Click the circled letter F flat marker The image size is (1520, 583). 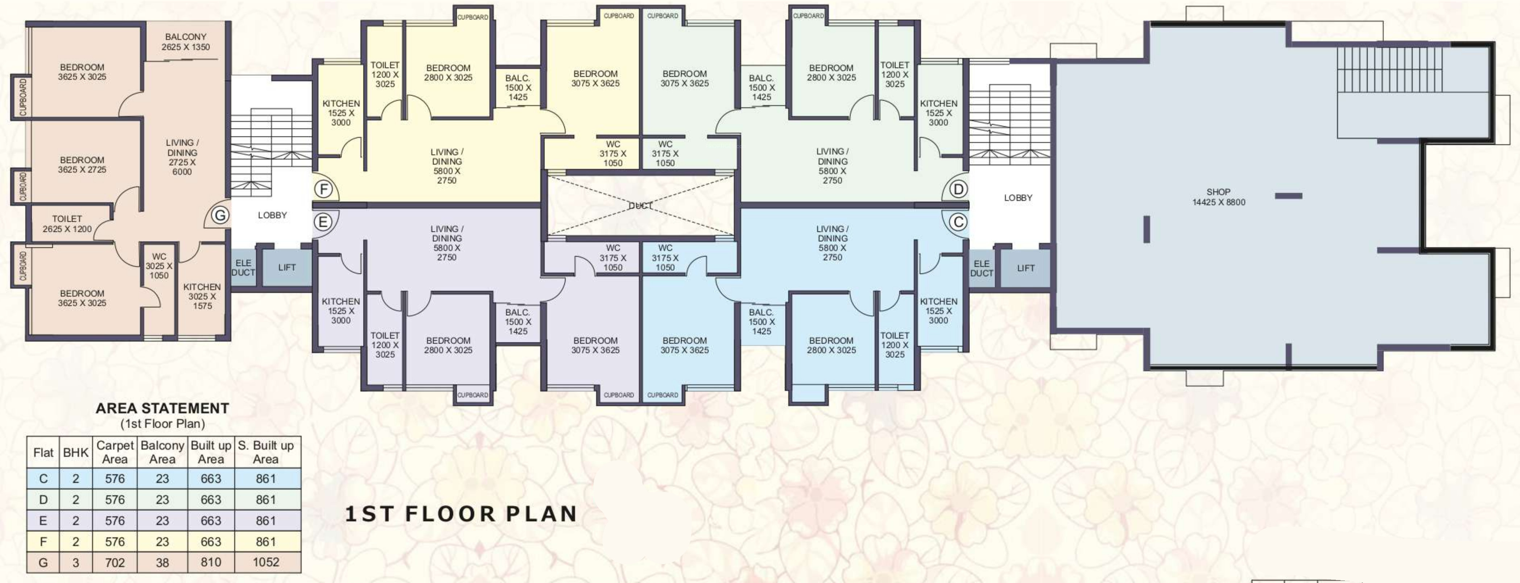click(323, 189)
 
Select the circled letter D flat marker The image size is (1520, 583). click(958, 189)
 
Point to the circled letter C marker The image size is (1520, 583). click(958, 222)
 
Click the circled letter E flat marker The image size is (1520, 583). click(323, 222)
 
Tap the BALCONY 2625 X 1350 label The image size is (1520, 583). click(186, 42)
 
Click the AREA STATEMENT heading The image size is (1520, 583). click(162, 408)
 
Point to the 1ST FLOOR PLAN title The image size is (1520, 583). click(461, 514)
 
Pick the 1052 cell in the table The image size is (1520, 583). click(266, 562)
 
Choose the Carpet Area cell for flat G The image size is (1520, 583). click(115, 562)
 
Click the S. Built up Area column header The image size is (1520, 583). click(266, 452)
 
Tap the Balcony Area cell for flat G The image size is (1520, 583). click(162, 562)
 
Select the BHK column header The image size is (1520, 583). click(75, 452)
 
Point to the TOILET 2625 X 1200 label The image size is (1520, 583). click(67, 224)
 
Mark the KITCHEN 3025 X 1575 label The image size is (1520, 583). click(202, 296)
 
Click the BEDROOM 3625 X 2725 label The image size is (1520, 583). click(82, 165)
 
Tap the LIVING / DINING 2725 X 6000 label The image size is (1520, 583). click(182, 157)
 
